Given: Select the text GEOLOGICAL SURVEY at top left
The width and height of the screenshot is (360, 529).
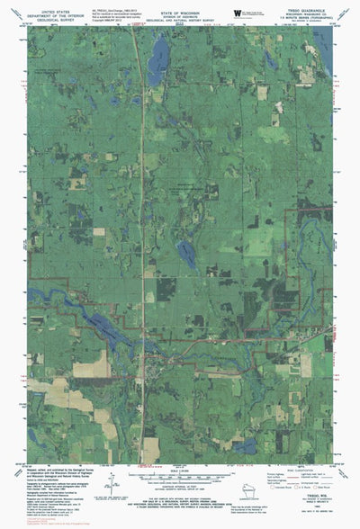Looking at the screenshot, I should coord(52,16).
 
